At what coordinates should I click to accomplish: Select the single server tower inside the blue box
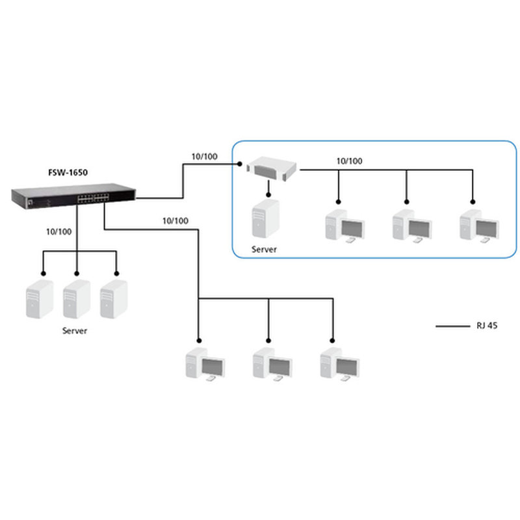(x=265, y=220)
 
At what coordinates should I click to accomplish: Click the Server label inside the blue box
(x=265, y=249)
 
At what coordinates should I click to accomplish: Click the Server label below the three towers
(x=75, y=330)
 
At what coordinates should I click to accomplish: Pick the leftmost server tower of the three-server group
(x=39, y=300)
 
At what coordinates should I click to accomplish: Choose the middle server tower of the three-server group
(x=76, y=300)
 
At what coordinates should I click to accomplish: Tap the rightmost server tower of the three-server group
(x=113, y=300)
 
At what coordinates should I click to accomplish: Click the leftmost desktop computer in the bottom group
(x=205, y=365)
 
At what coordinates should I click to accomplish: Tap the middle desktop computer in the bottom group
(x=272, y=365)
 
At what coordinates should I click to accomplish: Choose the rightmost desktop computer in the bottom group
(x=339, y=365)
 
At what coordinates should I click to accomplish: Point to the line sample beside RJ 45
(x=452, y=326)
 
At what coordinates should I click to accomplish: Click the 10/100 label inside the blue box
(x=350, y=161)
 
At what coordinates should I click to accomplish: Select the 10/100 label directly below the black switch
(x=59, y=231)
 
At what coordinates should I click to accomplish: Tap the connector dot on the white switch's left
(x=239, y=164)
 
